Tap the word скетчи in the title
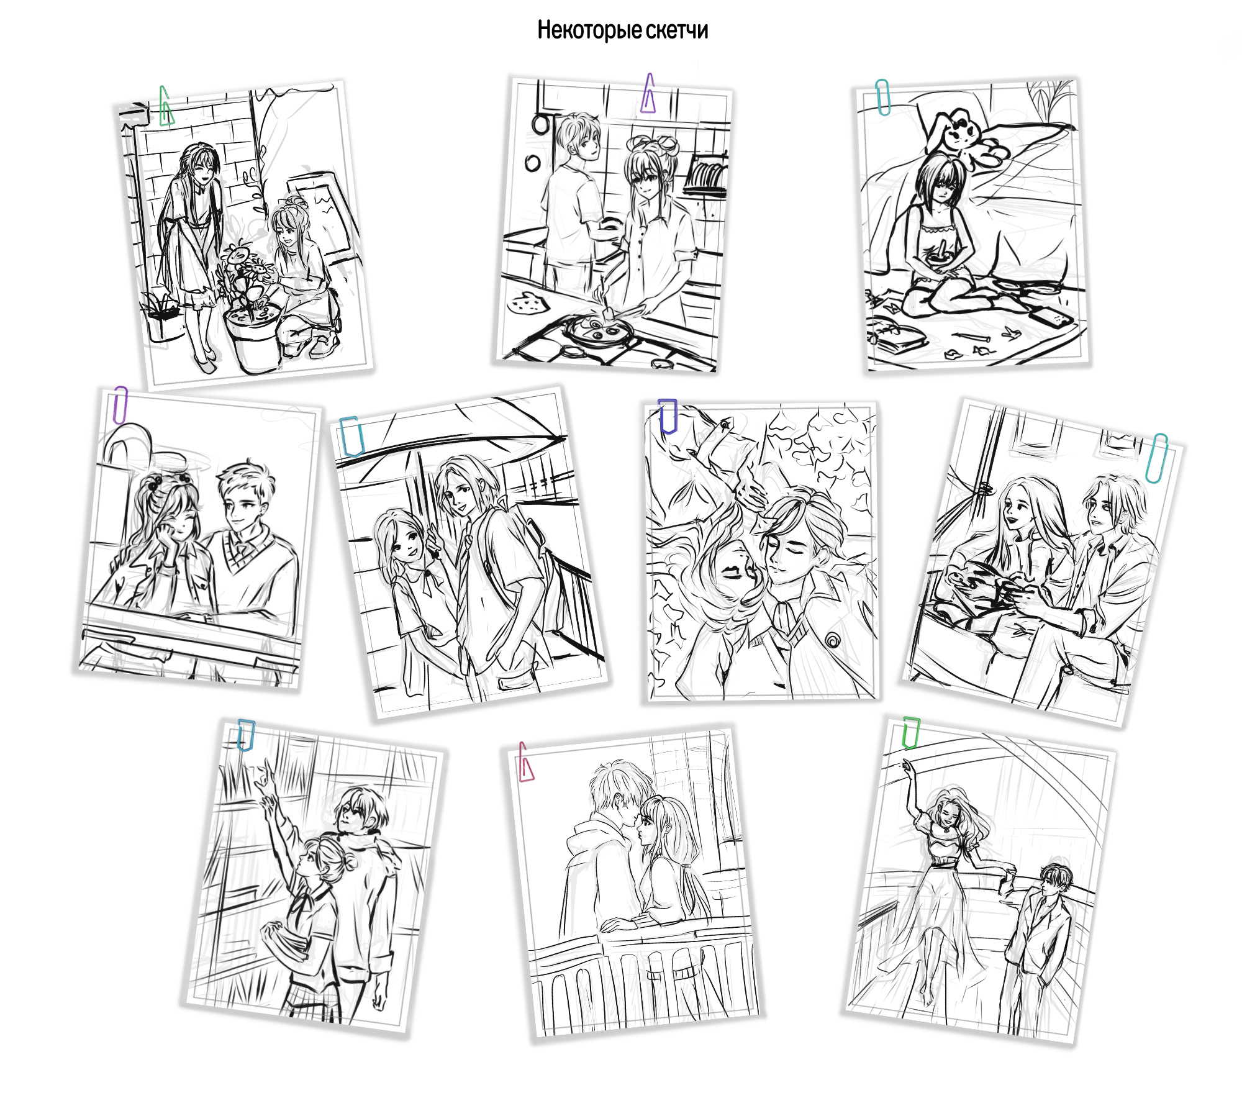point(676,30)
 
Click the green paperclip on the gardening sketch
point(166,106)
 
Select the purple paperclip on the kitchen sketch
point(648,93)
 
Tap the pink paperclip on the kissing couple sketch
point(525,762)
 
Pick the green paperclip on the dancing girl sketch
point(911,733)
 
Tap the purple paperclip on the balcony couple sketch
point(120,405)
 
